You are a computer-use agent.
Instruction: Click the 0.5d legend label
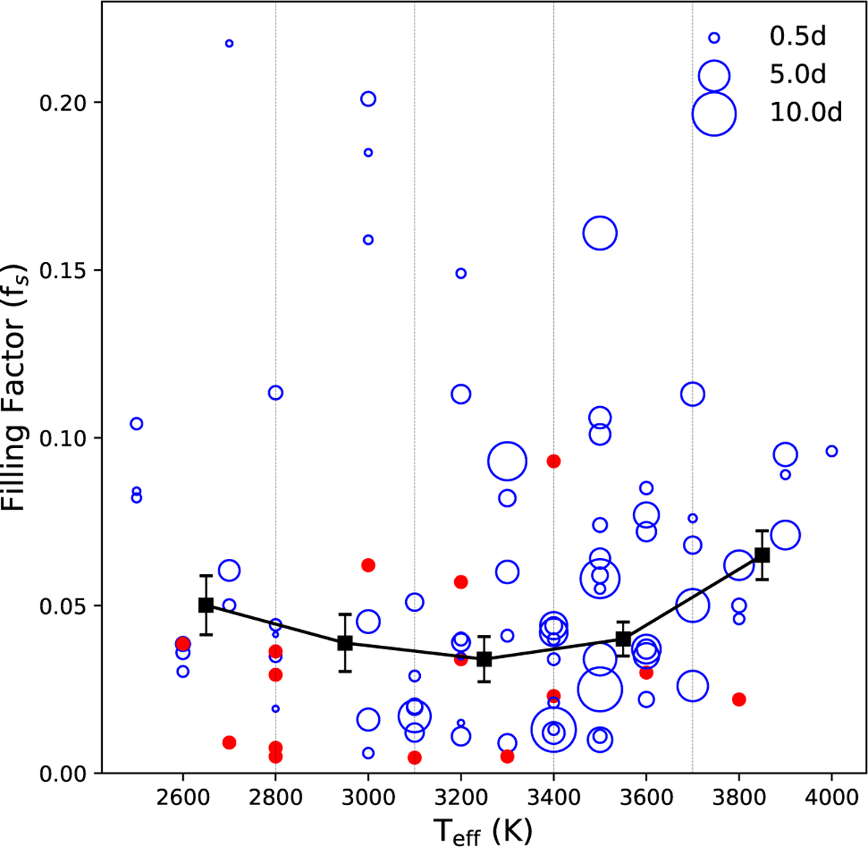coord(797,36)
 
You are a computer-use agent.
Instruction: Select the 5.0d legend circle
coord(714,75)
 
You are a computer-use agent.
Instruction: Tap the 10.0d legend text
coord(806,113)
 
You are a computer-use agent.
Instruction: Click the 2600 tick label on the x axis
coord(182,798)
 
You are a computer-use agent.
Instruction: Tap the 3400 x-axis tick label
coord(553,798)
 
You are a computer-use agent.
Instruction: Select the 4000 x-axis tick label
coord(831,798)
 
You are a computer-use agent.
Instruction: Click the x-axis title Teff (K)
coord(483,830)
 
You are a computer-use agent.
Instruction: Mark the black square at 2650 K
coord(206,605)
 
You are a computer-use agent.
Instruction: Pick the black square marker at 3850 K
coord(762,555)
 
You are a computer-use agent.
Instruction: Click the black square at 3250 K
coord(484,660)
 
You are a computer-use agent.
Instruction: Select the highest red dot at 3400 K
coord(553,461)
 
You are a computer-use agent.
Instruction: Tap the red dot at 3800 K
coord(739,699)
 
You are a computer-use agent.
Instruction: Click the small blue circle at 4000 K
coord(831,451)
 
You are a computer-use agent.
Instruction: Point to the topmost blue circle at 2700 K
coord(229,43)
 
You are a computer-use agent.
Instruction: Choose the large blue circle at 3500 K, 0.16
coord(600,234)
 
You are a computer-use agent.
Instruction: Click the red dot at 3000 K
coord(368,565)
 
